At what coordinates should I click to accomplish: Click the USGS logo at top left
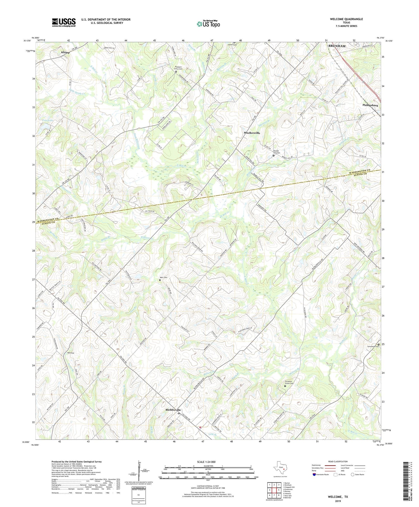click(64, 22)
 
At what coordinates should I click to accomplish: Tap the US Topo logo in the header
click(208, 24)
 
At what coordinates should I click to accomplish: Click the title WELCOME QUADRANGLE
click(346, 19)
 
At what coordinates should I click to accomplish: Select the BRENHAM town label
click(337, 46)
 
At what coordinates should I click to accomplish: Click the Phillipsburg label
click(370, 105)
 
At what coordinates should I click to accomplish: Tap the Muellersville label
click(252, 133)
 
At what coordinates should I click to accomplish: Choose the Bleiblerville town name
click(173, 410)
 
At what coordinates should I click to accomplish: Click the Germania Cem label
click(373, 346)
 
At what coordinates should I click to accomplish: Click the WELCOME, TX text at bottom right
click(338, 497)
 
